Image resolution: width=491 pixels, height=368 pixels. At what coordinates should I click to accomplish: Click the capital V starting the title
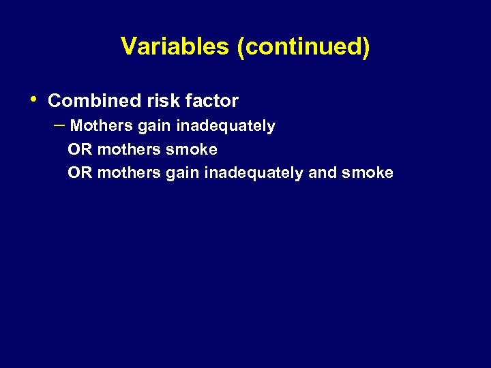128,46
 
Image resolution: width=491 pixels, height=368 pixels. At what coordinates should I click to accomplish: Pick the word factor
212,101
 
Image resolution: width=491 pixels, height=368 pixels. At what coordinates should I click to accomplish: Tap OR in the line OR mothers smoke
80,149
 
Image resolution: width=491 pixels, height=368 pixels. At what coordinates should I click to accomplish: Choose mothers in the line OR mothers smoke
129,149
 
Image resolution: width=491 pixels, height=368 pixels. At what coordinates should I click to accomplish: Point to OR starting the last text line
80,172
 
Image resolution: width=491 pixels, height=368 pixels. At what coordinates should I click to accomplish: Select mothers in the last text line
129,172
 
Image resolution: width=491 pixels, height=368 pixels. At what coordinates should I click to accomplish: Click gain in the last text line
179,173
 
